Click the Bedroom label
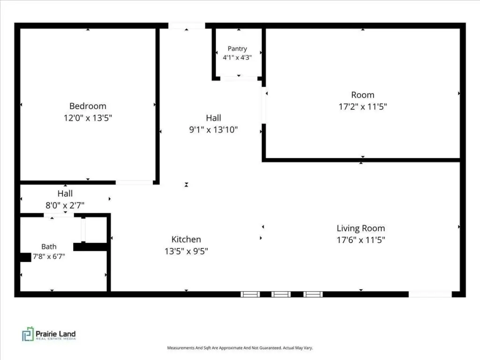pyautogui.click(x=88, y=106)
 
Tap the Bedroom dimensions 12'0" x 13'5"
pyautogui.click(x=88, y=118)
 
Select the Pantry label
pyautogui.click(x=237, y=49)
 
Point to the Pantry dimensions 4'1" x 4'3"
pyautogui.click(x=237, y=58)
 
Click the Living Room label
pyautogui.click(x=361, y=228)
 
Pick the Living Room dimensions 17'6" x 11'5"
pyautogui.click(x=361, y=240)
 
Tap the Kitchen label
pyautogui.click(x=186, y=240)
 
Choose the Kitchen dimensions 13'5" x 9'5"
pyautogui.click(x=186, y=251)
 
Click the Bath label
pyautogui.click(x=49, y=247)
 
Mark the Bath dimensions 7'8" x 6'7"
pyautogui.click(x=49, y=256)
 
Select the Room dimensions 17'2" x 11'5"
pyautogui.click(x=363, y=107)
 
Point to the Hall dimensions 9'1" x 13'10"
pyautogui.click(x=213, y=130)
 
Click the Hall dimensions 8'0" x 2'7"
pyautogui.click(x=65, y=205)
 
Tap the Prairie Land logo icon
pyautogui.click(x=28, y=334)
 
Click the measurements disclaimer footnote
pyautogui.click(x=240, y=348)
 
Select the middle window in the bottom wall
pyautogui.click(x=281, y=294)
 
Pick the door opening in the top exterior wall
pyautogui.click(x=187, y=26)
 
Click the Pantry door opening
pyautogui.click(x=239, y=79)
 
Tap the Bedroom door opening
pyautogui.click(x=134, y=182)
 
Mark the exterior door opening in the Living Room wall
pyautogui.click(x=430, y=294)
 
